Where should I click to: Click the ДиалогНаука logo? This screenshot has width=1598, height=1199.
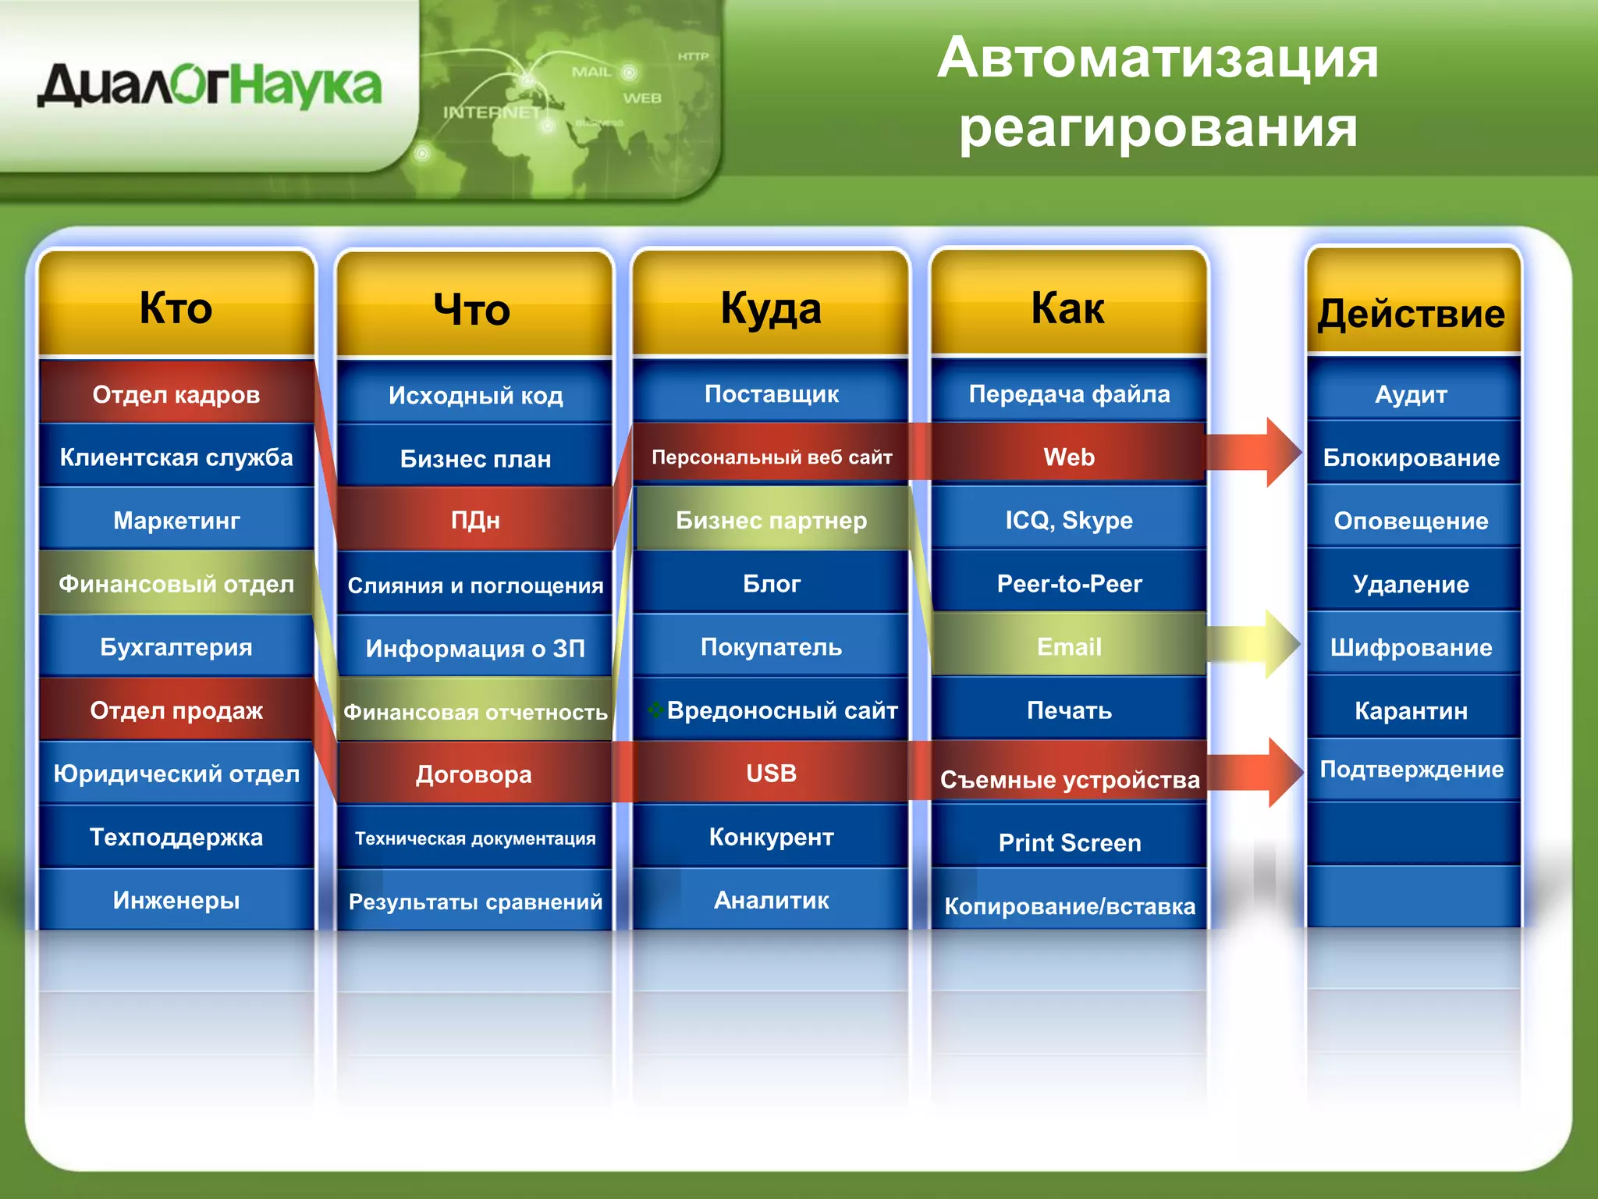[209, 86]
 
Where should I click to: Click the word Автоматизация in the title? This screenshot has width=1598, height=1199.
[1158, 59]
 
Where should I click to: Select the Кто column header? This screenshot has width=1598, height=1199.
[176, 308]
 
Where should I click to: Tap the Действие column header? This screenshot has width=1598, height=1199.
[1411, 314]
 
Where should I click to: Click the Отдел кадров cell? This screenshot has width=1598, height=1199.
[176, 394]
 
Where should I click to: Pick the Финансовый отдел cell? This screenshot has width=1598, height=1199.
[176, 584]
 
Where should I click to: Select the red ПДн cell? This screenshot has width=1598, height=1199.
[474, 520]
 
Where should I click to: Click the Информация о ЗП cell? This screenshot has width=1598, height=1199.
[474, 648]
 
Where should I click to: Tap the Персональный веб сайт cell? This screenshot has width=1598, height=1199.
[771, 457]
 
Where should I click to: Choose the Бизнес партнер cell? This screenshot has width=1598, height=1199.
[771, 520]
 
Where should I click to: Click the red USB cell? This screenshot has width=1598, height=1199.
[771, 773]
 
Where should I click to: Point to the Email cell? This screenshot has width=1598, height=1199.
[1069, 646]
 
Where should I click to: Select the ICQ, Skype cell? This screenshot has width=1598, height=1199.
[1069, 520]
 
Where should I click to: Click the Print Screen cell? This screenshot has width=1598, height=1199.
[1069, 842]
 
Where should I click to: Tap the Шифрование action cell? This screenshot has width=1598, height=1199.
[1411, 647]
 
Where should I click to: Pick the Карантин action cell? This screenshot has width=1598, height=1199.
[1411, 710]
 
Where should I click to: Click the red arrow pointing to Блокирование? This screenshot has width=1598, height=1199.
[1256, 453]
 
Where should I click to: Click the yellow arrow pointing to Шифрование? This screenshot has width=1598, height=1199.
[1256, 645]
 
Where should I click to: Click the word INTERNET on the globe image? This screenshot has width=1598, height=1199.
[492, 112]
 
